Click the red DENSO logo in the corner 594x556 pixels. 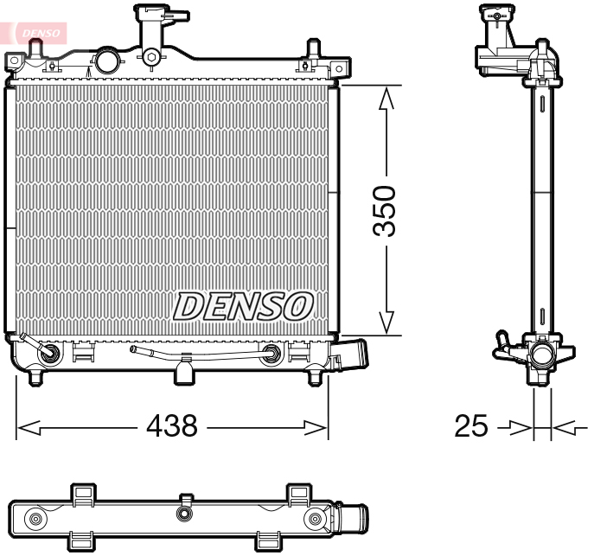tap(38, 32)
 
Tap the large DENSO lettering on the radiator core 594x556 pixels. tap(244, 304)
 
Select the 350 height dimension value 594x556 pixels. tap(384, 210)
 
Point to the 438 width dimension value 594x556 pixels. tap(172, 425)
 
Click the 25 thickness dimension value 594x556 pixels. tap(471, 426)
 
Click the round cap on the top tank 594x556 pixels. tap(106, 61)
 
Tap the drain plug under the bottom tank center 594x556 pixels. tap(182, 373)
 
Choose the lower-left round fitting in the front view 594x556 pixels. tap(49, 353)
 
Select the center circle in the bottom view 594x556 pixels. tap(182, 514)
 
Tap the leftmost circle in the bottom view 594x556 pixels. tap(35, 519)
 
